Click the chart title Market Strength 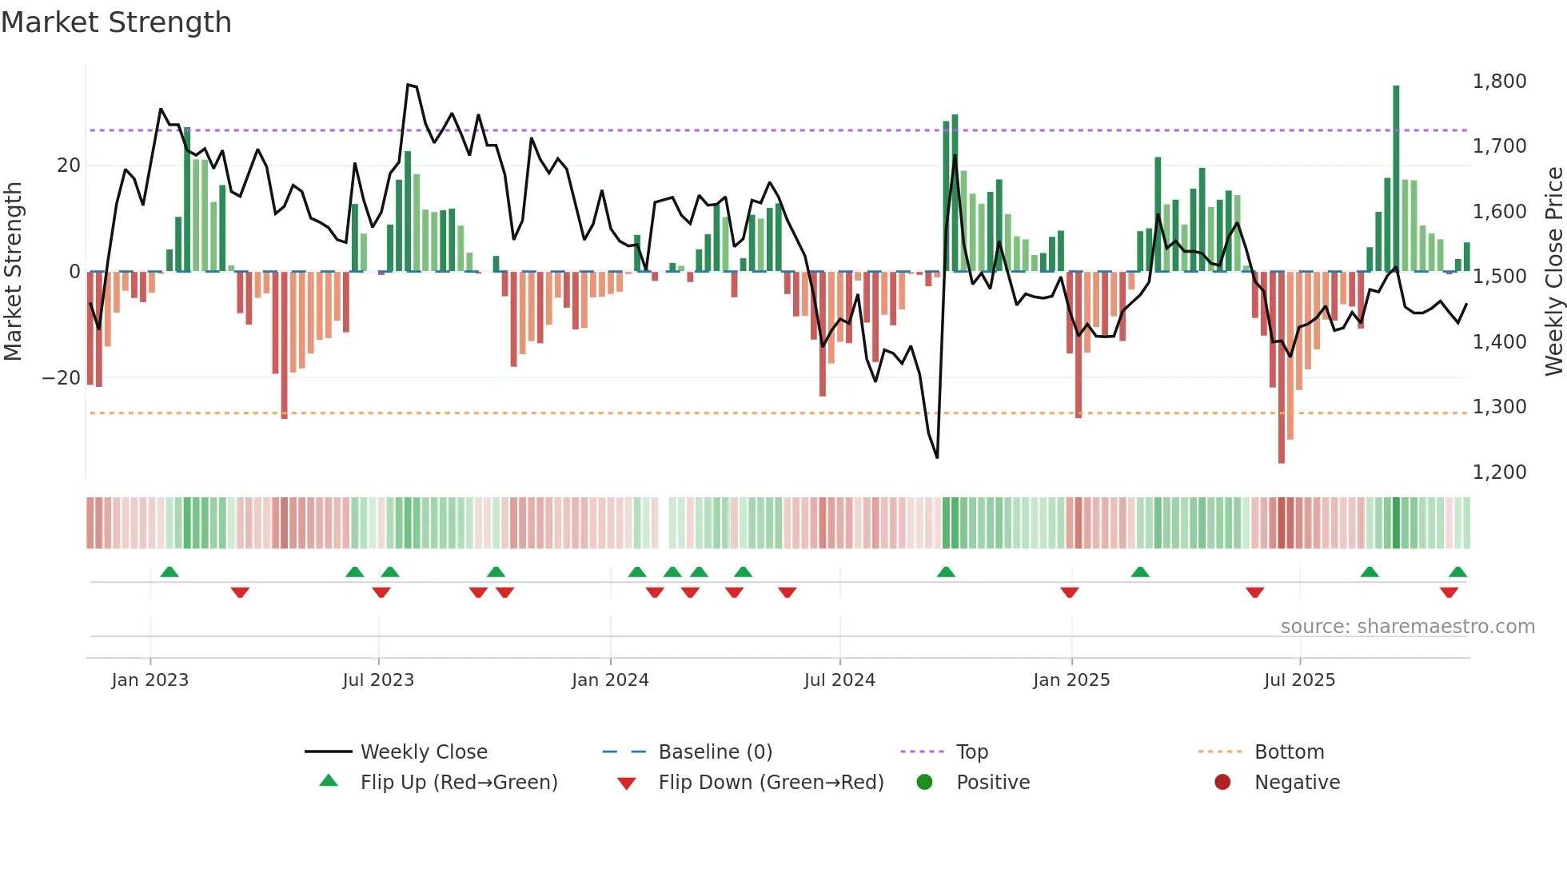coord(116,22)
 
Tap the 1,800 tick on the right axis coord(1499,82)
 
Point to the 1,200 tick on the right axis coord(1499,472)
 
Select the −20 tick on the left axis coord(62,378)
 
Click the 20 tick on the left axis coord(69,165)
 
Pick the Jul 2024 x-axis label coord(839,680)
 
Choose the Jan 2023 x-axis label coord(150,680)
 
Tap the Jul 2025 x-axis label coord(1299,680)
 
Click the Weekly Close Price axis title coord(1553,272)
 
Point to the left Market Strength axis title coord(13,272)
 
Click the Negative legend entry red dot coord(1222,783)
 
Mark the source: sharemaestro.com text coord(1407,627)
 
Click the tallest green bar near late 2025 coord(1396,176)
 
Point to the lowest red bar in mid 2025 coord(1282,368)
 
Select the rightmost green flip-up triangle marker coord(1457,572)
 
